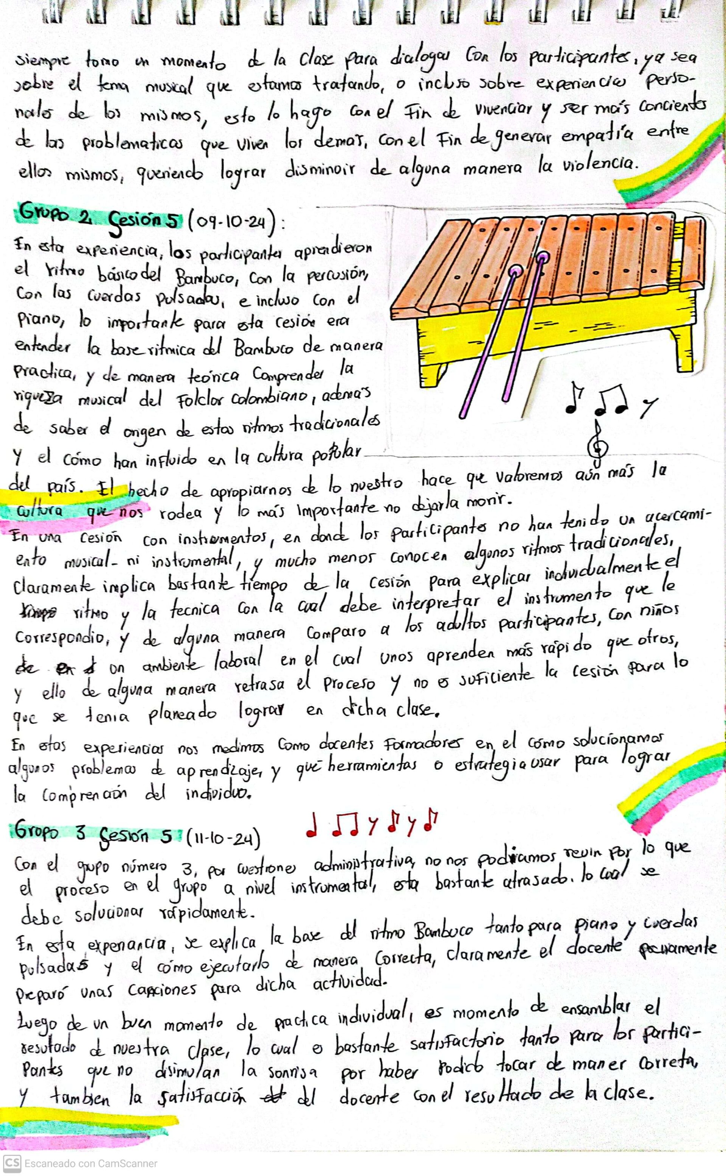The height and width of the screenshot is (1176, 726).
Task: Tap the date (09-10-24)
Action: (x=232, y=222)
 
